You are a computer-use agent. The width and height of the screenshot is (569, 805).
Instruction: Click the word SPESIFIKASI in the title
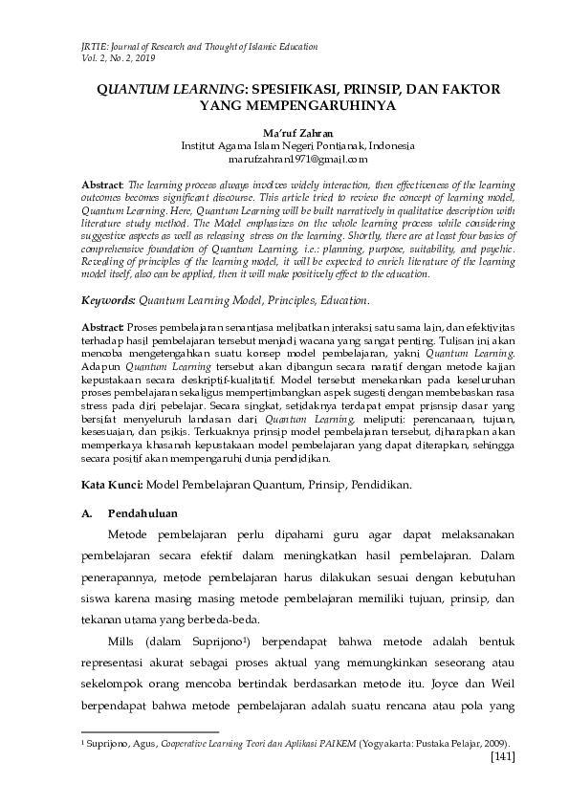tap(295, 88)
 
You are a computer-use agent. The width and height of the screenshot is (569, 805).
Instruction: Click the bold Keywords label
tap(108, 300)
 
